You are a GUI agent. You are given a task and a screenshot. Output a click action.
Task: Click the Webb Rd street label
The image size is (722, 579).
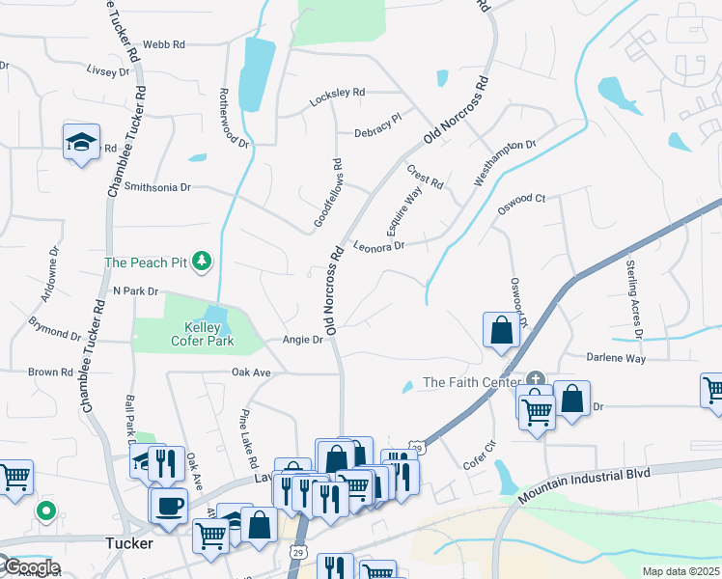[163, 44]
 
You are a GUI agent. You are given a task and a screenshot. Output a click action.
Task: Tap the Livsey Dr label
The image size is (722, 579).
[107, 71]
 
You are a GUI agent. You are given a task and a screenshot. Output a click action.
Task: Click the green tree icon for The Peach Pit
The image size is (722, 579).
[202, 261]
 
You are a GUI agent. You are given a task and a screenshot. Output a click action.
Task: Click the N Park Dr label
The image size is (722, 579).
[135, 290]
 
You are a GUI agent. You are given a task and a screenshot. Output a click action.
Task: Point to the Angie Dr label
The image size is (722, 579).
[301, 340]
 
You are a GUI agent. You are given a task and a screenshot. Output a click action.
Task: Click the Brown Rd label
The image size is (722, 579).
[51, 372]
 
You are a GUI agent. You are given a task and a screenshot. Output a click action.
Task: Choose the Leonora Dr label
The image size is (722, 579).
[377, 246]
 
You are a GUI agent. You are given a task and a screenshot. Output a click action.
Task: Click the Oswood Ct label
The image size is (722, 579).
[521, 199]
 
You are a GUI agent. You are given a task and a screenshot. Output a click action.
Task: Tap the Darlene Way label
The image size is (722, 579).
[616, 357]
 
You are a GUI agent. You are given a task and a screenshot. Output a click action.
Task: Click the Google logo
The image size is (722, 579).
[31, 567]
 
